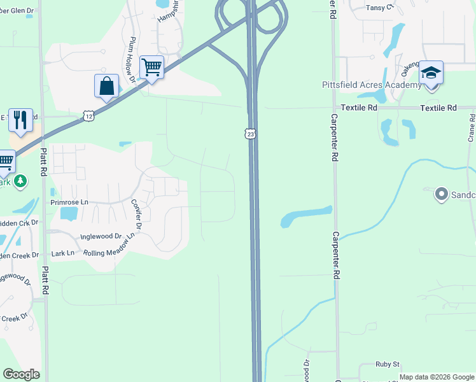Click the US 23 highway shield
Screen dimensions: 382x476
251,134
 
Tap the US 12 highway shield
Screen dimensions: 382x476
88,115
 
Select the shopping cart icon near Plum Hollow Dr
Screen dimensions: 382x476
151,67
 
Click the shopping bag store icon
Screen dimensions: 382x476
106,86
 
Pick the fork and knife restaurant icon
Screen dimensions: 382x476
20,120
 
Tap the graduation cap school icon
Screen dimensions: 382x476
431,73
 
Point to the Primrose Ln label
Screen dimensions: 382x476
69,202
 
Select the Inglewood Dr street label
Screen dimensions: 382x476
101,237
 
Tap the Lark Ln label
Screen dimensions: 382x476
62,253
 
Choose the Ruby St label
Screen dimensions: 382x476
387,365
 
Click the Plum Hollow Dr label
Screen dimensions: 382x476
132,60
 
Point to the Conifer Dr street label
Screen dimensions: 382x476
136,213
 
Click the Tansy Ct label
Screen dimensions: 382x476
380,8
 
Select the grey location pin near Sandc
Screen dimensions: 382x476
440,194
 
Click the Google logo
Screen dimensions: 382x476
21,374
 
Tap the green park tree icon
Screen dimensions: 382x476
20,181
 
